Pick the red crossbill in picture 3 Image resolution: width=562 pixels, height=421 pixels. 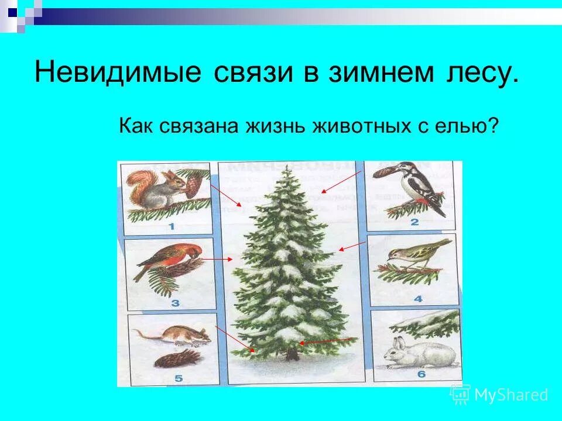click(167, 260)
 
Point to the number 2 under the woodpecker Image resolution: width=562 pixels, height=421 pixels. click(414, 222)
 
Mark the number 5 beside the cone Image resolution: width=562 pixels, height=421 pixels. click(179, 378)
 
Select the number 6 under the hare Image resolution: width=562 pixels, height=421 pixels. click(422, 375)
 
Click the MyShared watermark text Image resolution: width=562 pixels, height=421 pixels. click(511, 395)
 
